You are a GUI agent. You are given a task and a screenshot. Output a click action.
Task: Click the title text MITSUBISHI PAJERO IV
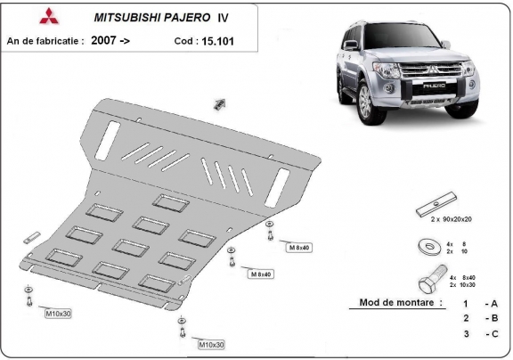click(153, 17)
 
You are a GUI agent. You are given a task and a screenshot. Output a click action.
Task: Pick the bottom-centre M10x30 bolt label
click(210, 343)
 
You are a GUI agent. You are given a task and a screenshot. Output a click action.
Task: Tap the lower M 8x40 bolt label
click(260, 274)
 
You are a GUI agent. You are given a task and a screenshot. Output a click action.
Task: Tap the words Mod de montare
click(399, 302)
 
